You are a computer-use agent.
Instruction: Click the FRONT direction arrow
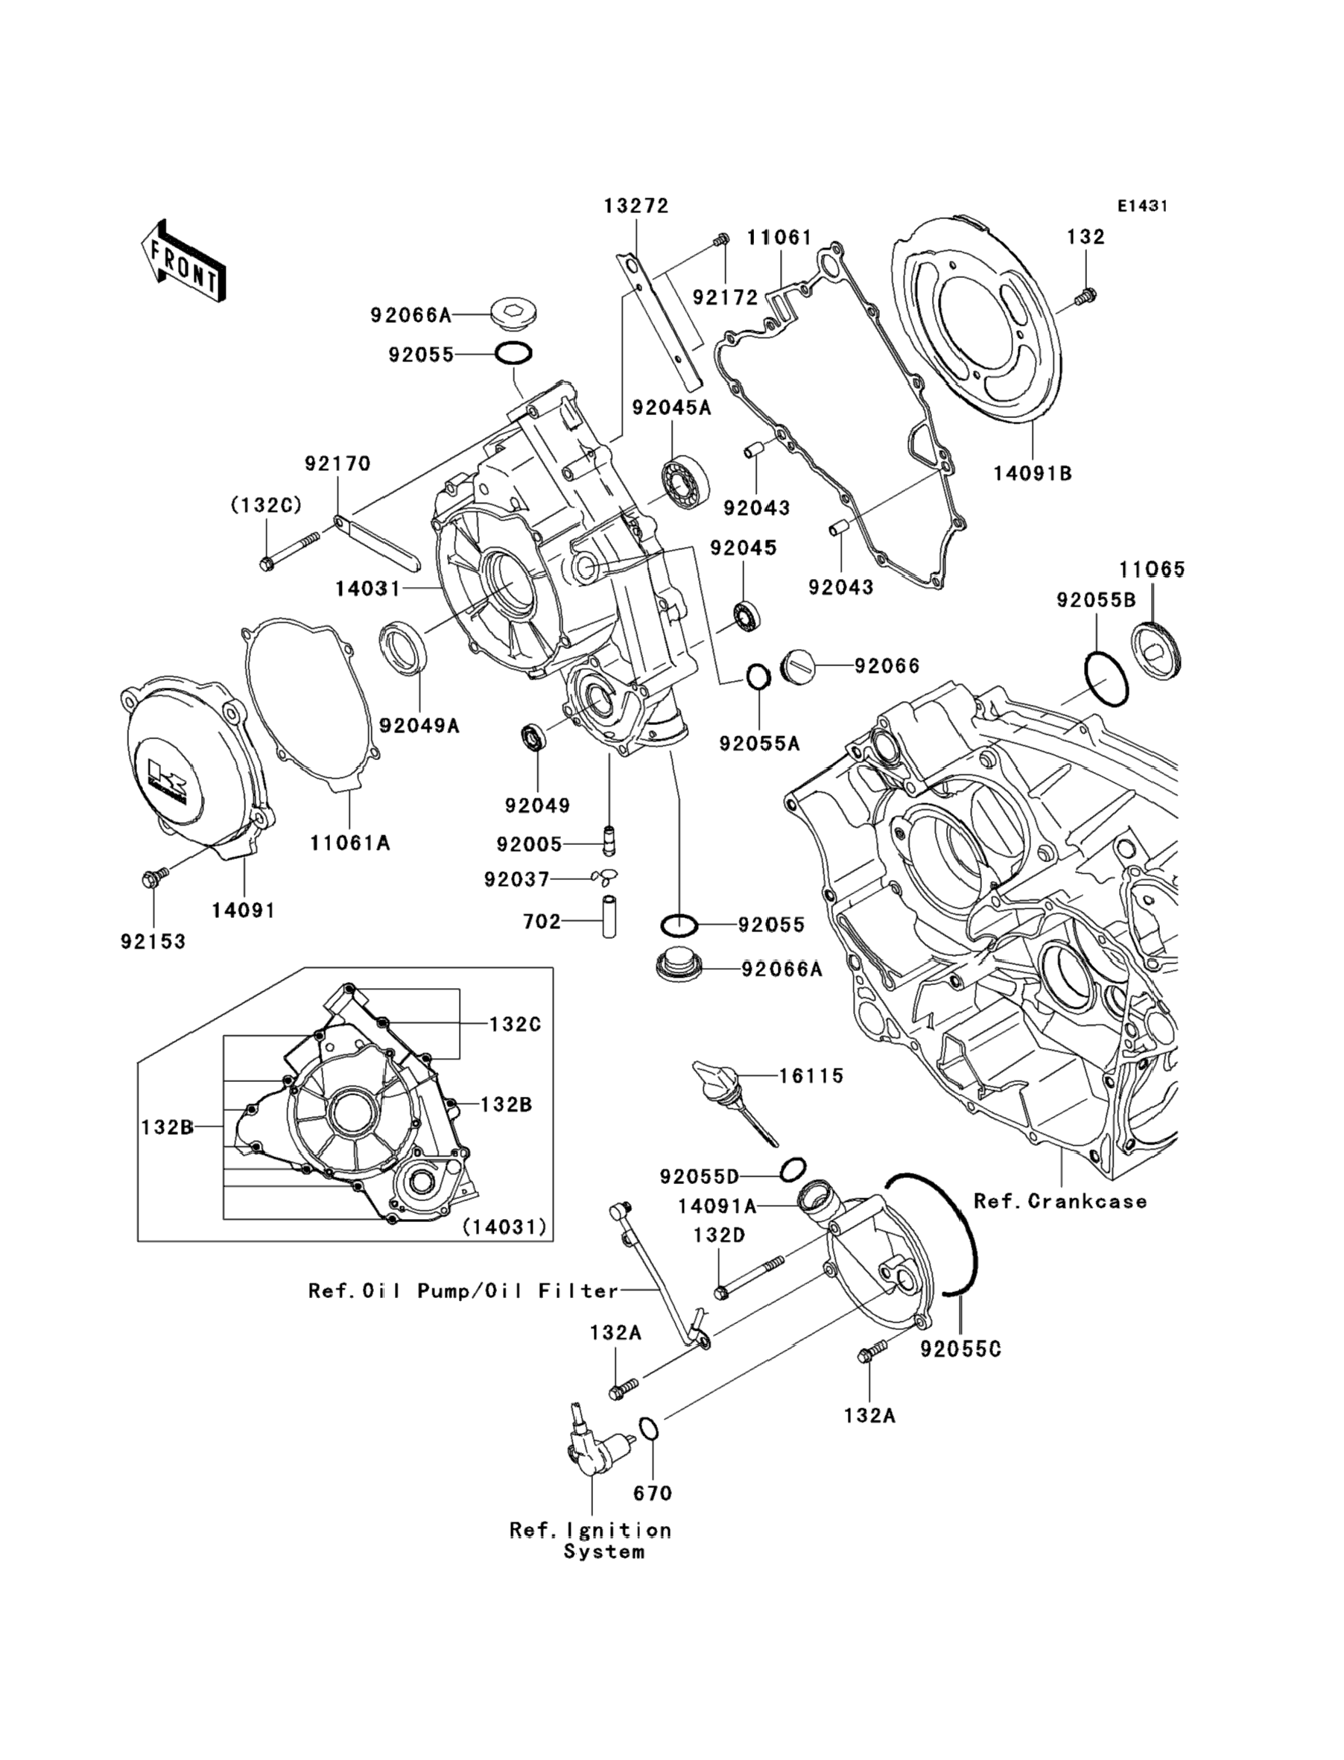(x=183, y=262)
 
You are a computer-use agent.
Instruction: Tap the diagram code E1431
(x=1142, y=206)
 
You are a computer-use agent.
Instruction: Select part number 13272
(x=636, y=206)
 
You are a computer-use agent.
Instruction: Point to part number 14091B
(x=1032, y=474)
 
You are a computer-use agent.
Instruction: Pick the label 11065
(x=1152, y=569)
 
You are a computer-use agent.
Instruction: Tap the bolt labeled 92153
(x=151, y=879)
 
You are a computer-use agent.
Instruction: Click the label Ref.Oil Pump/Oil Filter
(x=463, y=1291)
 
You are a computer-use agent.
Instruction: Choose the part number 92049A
(x=419, y=726)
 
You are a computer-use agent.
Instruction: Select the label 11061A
(x=350, y=843)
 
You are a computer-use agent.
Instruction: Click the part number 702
(x=542, y=922)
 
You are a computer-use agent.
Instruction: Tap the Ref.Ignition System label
(x=590, y=1541)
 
